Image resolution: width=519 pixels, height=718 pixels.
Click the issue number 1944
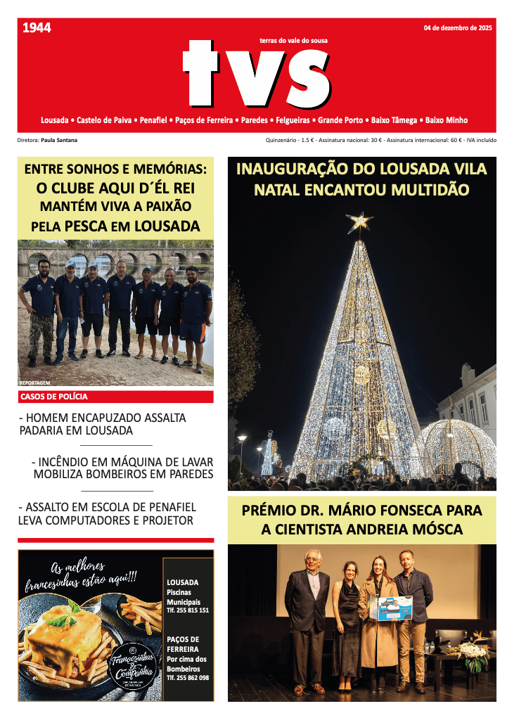click(37, 29)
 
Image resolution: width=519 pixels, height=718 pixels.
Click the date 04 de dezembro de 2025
click(457, 29)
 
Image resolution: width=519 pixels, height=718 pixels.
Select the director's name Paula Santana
click(59, 140)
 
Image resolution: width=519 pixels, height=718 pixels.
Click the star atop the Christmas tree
click(359, 223)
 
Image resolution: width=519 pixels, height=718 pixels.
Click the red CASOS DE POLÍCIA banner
click(115, 397)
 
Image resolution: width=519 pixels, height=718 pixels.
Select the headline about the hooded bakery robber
click(103, 424)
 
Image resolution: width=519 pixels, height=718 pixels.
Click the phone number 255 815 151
click(188, 610)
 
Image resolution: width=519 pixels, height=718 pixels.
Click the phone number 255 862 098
click(188, 678)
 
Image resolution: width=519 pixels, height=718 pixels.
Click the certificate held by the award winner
click(395, 607)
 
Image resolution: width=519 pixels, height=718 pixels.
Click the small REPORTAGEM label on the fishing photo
click(34, 383)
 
